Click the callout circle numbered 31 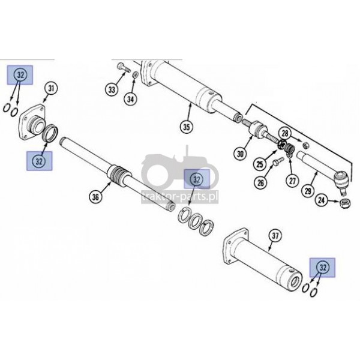(51, 89)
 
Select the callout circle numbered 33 (112, 89)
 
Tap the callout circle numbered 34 (130, 99)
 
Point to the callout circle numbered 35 (187, 127)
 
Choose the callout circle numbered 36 (95, 197)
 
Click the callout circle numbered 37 (275, 235)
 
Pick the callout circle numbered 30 (240, 154)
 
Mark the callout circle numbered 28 (284, 133)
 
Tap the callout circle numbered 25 (260, 164)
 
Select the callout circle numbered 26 (261, 183)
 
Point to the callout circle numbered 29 (308, 191)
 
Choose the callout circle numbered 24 (322, 200)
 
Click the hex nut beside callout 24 (345, 204)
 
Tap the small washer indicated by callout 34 (136, 74)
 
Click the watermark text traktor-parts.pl (180, 197)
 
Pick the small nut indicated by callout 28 (306, 145)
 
